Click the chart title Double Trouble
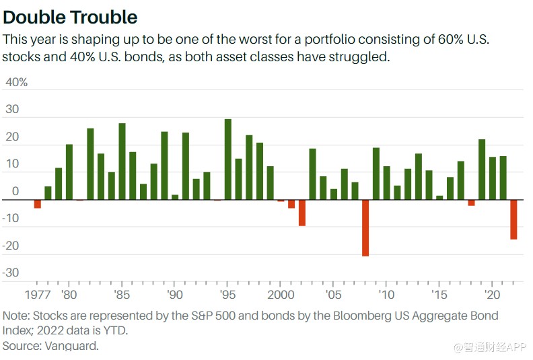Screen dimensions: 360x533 [70, 17]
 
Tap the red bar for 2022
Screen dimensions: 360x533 [513, 219]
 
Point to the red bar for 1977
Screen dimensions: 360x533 [38, 204]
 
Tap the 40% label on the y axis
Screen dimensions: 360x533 [16, 82]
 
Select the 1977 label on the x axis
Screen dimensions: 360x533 [38, 295]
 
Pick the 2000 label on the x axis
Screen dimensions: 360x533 [281, 295]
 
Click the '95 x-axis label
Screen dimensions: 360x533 [227, 295]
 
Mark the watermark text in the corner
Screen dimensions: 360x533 [490, 347]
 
